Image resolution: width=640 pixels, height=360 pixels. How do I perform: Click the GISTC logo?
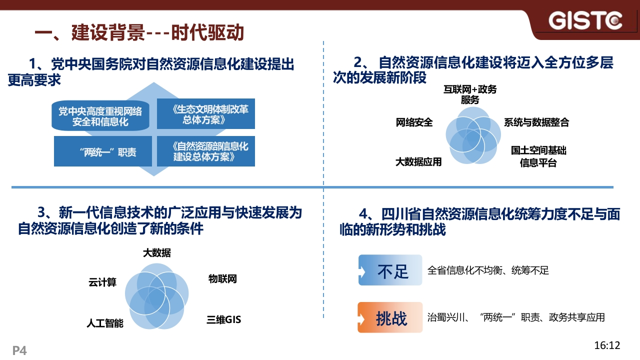(x=585, y=20)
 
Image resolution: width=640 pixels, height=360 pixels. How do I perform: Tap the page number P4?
(x=19, y=350)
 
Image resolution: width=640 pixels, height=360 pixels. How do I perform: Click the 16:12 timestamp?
(x=607, y=345)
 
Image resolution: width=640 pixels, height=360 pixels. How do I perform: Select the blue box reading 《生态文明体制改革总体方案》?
(x=205, y=113)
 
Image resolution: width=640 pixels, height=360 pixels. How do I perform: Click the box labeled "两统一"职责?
(x=103, y=151)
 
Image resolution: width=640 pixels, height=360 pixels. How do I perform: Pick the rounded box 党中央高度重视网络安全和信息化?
(x=100, y=115)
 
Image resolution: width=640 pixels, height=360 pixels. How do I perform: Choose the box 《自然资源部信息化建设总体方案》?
(x=205, y=151)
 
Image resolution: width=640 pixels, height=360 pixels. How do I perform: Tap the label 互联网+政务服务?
(x=470, y=94)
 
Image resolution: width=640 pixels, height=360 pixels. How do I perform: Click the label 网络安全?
(x=414, y=122)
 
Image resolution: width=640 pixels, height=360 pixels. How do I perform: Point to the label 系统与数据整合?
(x=536, y=122)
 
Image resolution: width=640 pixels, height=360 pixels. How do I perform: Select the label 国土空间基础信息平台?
(x=538, y=156)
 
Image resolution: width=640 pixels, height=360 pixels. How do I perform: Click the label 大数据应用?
(x=418, y=162)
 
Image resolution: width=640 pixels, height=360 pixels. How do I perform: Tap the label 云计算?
(x=102, y=282)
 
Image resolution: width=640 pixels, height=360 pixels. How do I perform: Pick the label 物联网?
(x=222, y=279)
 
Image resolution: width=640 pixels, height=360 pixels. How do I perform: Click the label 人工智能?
(x=105, y=323)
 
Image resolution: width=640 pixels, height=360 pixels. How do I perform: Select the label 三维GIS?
(x=223, y=319)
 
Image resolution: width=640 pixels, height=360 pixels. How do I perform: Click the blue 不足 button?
(x=390, y=270)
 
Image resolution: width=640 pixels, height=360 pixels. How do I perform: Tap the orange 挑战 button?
(x=390, y=317)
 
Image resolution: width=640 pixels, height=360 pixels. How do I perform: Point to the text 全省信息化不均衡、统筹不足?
(x=488, y=270)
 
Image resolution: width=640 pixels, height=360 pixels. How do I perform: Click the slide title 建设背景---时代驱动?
(x=157, y=32)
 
